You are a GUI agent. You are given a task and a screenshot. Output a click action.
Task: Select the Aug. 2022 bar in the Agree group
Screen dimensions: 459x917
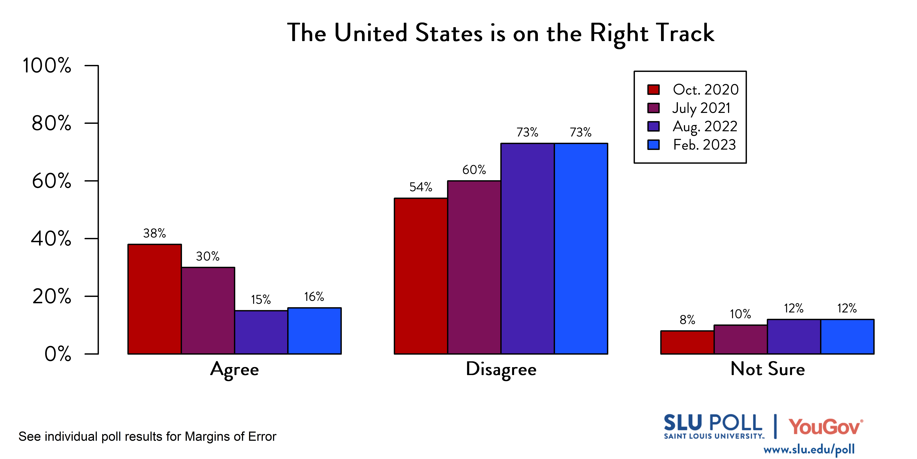pos(261,332)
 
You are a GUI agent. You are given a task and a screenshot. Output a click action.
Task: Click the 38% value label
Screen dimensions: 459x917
pos(154,233)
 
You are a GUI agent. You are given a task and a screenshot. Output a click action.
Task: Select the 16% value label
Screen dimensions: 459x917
pos(314,296)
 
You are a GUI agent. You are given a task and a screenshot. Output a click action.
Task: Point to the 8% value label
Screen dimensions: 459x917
pos(687,320)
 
